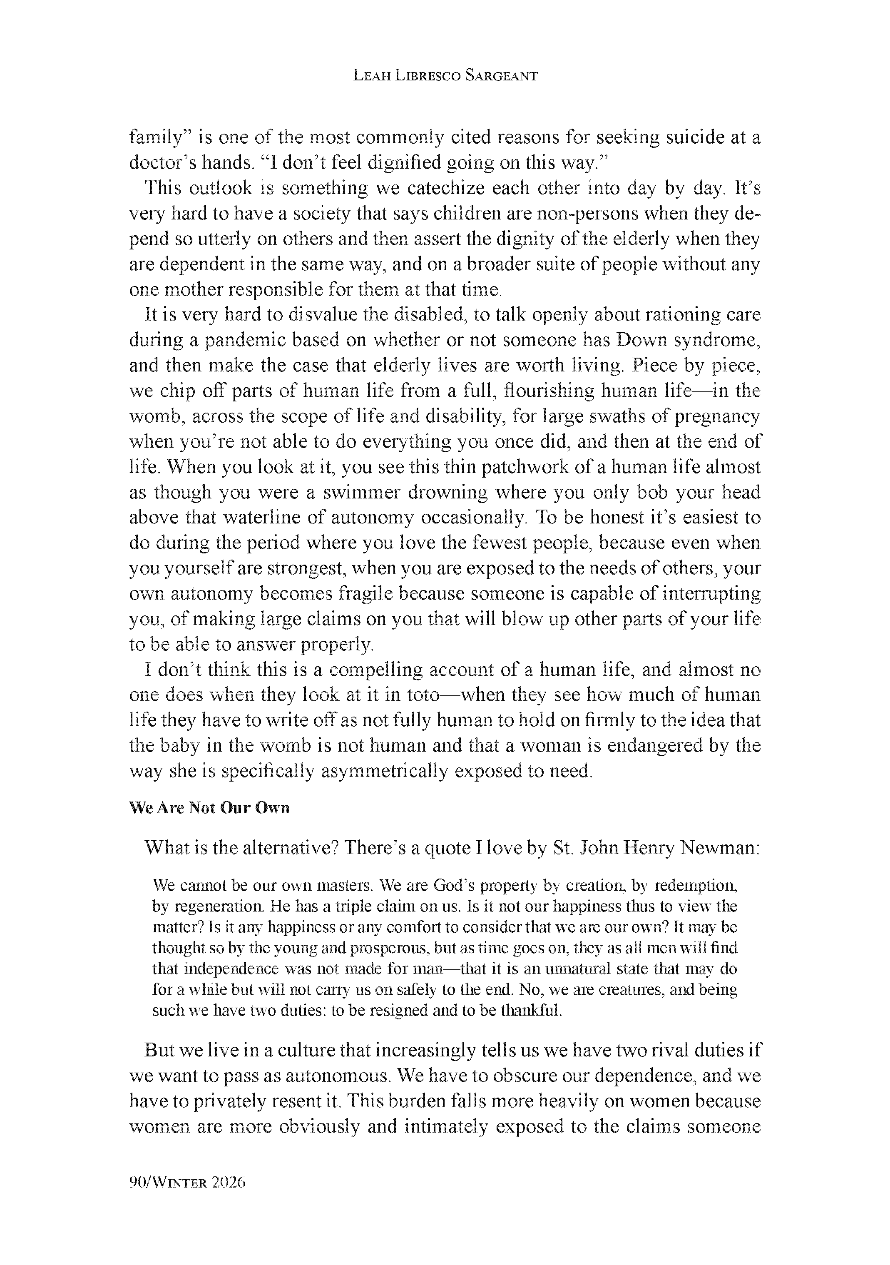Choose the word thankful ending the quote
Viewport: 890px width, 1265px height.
point(528,1011)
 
